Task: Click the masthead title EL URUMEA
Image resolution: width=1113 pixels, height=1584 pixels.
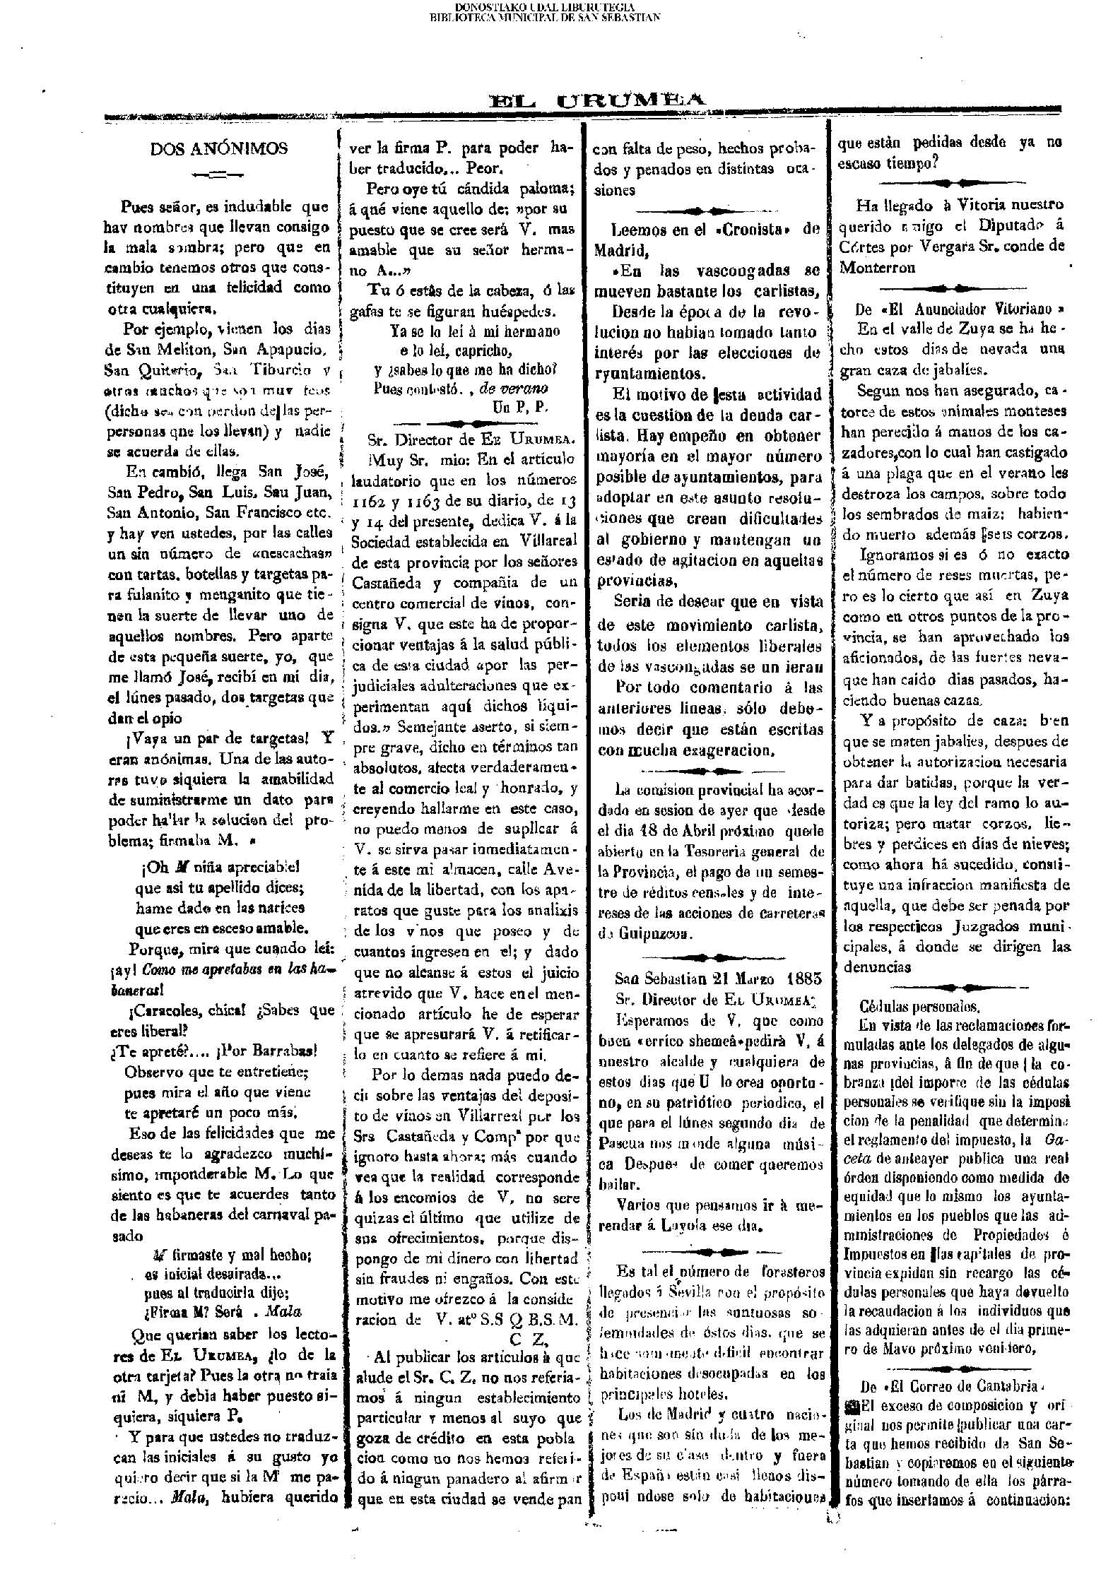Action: (x=597, y=101)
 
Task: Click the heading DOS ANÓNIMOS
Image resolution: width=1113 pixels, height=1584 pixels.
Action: (x=219, y=149)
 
